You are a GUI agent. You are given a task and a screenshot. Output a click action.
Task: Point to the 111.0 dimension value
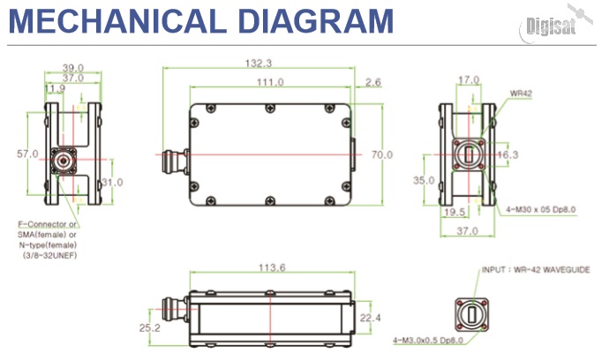tap(269, 82)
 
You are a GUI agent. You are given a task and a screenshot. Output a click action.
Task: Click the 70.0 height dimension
tap(381, 155)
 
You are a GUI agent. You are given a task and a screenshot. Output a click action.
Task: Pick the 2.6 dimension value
tap(372, 82)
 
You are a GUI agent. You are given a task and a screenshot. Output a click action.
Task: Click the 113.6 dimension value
tap(269, 269)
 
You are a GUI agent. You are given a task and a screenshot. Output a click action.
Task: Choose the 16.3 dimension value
tap(509, 154)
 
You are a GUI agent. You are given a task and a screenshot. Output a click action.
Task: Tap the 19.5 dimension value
tap(455, 212)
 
